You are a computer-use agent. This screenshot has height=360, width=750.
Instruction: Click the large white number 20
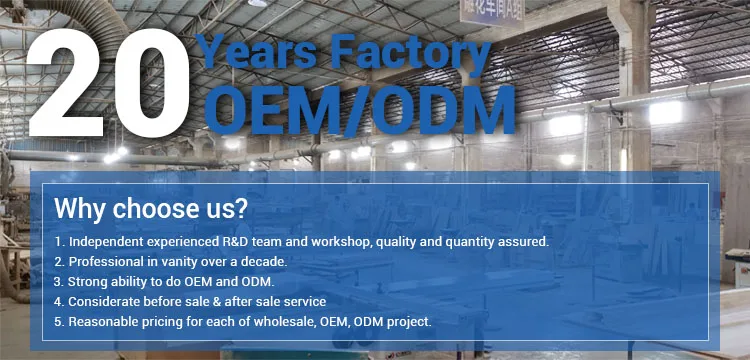[109, 84]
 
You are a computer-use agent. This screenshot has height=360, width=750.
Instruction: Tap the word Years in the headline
[255, 52]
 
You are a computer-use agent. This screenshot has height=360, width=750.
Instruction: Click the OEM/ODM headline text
[359, 110]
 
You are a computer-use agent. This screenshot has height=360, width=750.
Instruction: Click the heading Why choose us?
[151, 208]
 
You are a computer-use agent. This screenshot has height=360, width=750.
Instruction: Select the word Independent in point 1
[100, 242]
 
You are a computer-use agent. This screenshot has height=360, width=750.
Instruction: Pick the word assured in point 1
[524, 242]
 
